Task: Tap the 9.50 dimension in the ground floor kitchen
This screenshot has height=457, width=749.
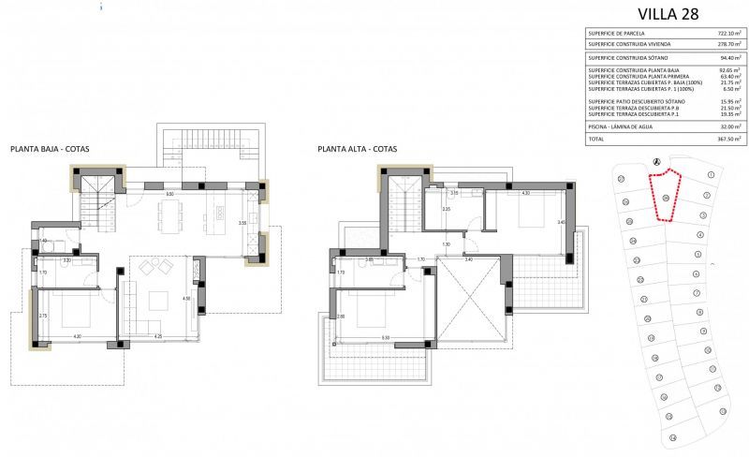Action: coord(169,194)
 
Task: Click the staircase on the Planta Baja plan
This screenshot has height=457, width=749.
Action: coord(97,199)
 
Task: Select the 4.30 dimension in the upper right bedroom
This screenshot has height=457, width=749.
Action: coord(525,193)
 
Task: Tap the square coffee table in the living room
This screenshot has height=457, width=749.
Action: coord(157,301)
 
